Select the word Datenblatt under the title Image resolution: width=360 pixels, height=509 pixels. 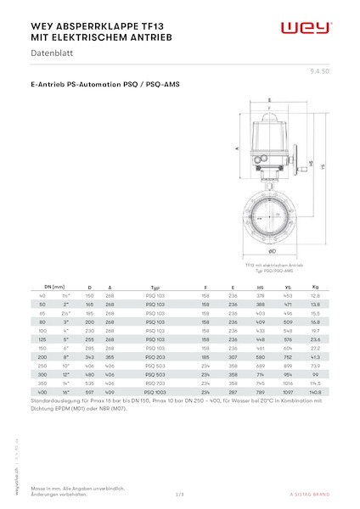pos(51,54)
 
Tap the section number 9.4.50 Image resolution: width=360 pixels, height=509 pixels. pos(322,75)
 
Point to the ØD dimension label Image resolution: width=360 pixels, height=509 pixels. pos(271,252)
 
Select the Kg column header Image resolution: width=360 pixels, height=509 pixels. pos(315,288)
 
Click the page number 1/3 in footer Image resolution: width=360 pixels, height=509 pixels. pos(179,493)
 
